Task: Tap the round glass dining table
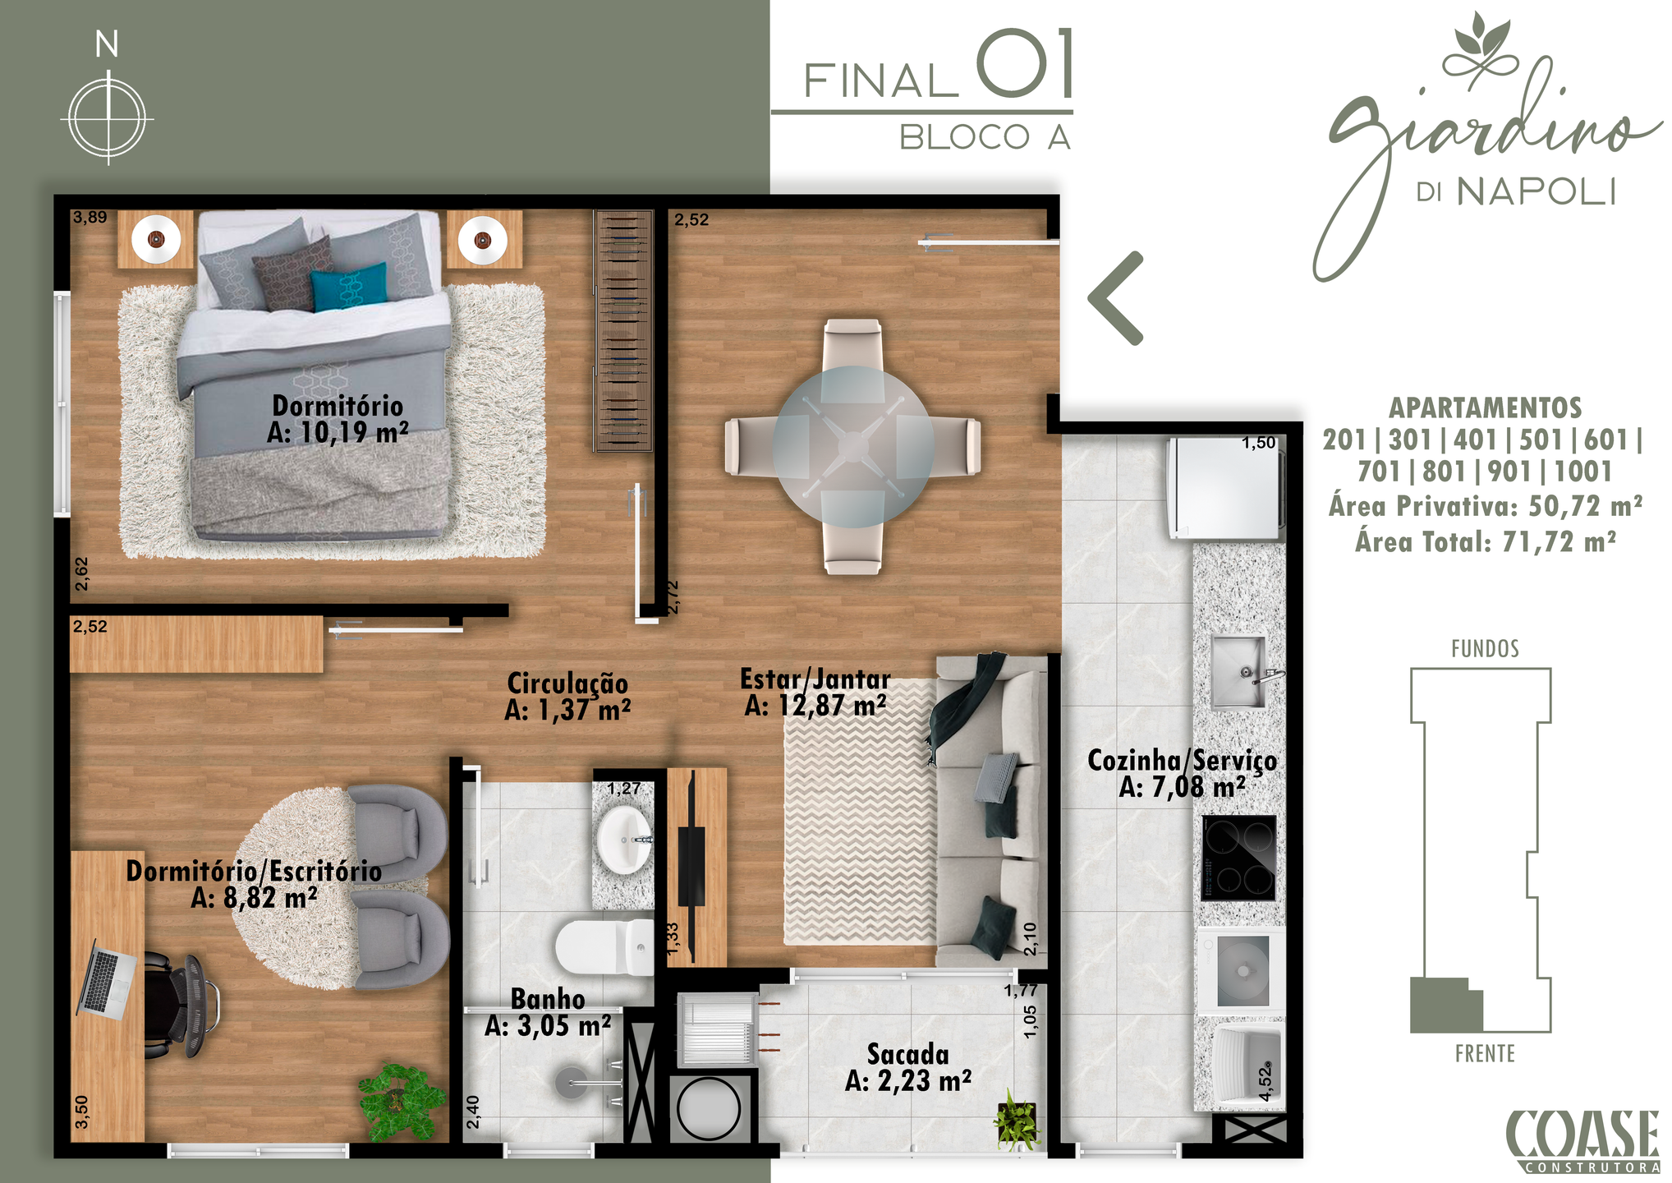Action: click(853, 446)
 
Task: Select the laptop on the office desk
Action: click(107, 979)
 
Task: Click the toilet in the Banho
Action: click(604, 946)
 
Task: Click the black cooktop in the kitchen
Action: click(1238, 858)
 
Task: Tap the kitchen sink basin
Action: click(1239, 671)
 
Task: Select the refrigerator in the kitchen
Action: click(1225, 488)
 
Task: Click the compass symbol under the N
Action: click(108, 117)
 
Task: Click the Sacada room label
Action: click(908, 1067)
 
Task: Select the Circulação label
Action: click(567, 696)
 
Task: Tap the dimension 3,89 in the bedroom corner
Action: click(90, 218)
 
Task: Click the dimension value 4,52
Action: click(1265, 1082)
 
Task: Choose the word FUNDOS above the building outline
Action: click(1485, 649)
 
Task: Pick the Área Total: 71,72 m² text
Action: click(1486, 542)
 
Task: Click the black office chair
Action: click(180, 1005)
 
